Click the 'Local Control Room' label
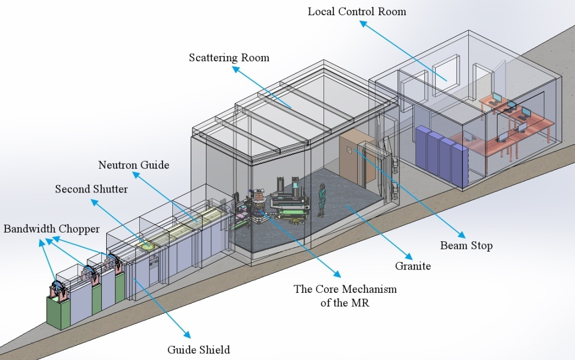point(357,11)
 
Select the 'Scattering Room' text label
point(229,57)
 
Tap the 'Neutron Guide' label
point(133,165)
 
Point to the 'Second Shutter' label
point(91,189)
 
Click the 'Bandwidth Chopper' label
point(51,228)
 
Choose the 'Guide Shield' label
point(198,349)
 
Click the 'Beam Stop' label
point(466,246)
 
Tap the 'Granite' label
point(413,266)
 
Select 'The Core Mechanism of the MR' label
point(345,295)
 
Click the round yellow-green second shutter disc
point(145,246)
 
